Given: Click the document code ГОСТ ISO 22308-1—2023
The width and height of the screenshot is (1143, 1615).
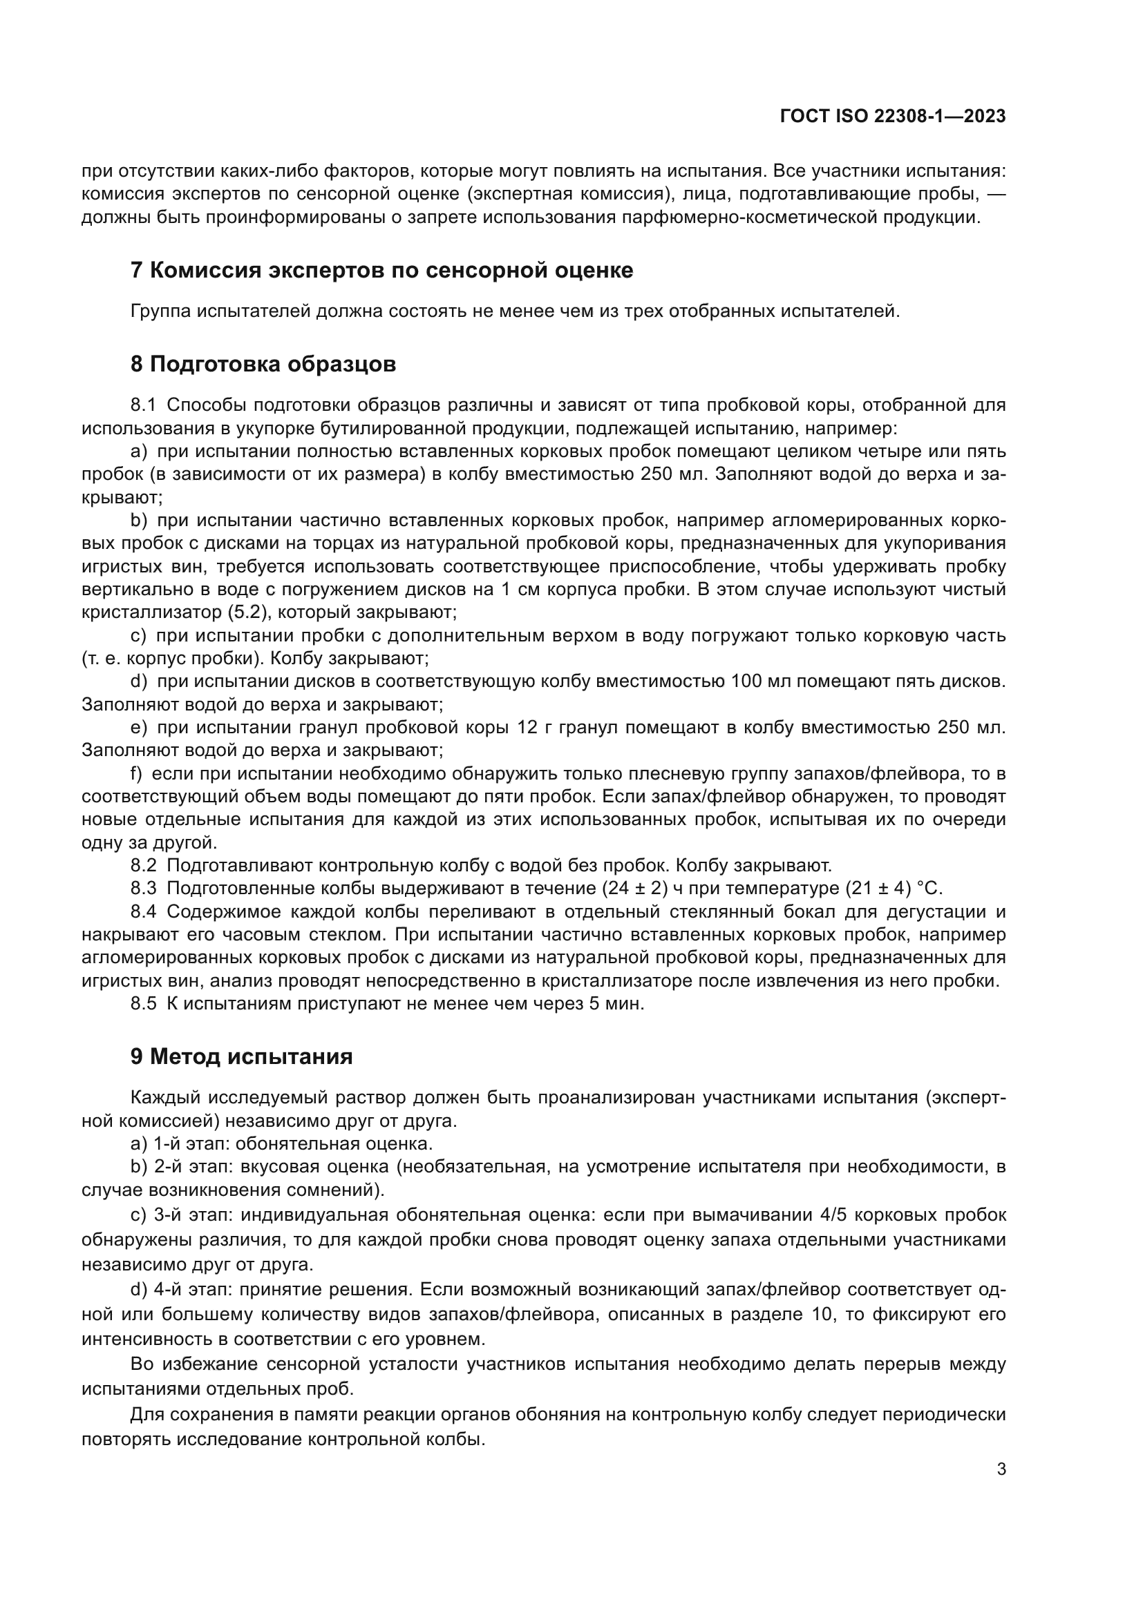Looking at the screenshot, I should pyautogui.click(x=892, y=117).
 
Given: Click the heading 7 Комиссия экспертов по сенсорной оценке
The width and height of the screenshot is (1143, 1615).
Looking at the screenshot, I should pyautogui.click(x=381, y=270).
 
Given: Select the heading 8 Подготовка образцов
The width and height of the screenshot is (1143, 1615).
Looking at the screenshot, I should pyautogui.click(x=263, y=364).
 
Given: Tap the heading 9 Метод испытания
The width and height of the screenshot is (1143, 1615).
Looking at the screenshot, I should pyautogui.click(x=241, y=1056).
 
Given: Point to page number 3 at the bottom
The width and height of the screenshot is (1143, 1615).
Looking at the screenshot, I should pyautogui.click(x=1001, y=1469).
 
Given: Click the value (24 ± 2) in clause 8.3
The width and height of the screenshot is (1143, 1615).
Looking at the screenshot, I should pyautogui.click(x=634, y=889).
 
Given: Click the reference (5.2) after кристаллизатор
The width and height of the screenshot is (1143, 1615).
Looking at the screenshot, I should pyautogui.click(x=244, y=612).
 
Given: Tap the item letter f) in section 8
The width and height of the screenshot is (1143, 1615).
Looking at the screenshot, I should pyautogui.click(x=137, y=774).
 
